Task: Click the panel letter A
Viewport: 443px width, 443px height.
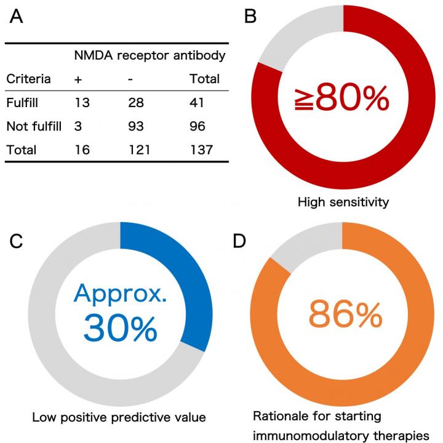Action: click(x=17, y=17)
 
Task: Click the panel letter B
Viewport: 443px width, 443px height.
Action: click(x=250, y=17)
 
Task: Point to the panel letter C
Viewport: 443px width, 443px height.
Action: click(x=17, y=241)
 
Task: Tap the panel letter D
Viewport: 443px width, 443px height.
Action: click(x=250, y=241)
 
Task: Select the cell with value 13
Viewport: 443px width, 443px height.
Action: click(x=82, y=102)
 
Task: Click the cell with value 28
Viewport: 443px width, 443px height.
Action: click(x=136, y=102)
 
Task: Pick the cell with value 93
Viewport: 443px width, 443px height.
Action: click(x=136, y=126)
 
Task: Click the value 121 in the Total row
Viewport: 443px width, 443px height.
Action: click(x=139, y=150)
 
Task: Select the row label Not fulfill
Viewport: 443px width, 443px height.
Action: click(x=34, y=126)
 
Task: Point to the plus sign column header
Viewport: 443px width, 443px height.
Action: click(x=78, y=79)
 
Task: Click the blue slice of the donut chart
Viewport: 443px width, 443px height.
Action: click(x=185, y=283)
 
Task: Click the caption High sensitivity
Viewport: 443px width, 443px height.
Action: click(x=343, y=201)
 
